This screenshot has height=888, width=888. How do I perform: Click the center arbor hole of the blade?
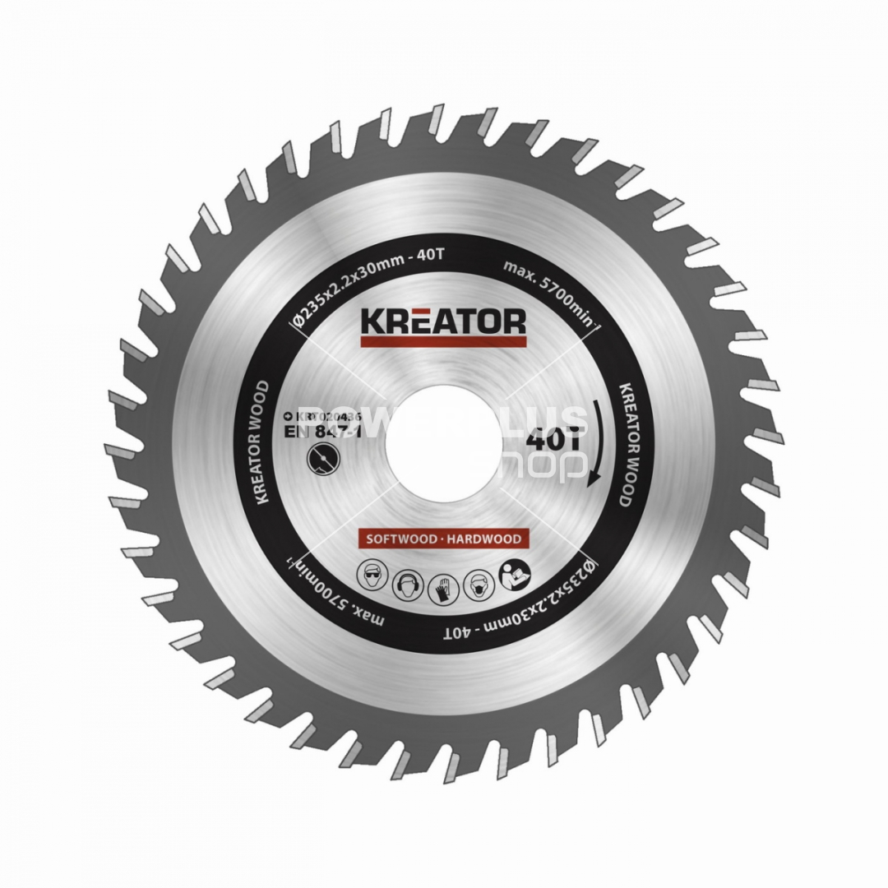pos(444,444)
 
